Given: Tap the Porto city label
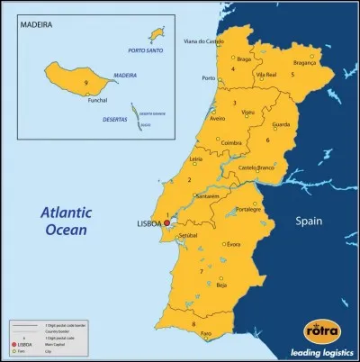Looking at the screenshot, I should click(209, 78).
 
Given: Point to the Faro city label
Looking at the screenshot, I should click(205, 333).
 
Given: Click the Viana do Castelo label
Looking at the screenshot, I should click(203, 41).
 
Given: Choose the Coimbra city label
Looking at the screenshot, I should click(232, 142).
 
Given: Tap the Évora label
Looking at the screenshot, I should click(233, 244).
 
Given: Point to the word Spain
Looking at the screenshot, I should click(316, 219).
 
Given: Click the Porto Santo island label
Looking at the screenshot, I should click(144, 51).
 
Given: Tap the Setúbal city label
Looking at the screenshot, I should click(188, 234).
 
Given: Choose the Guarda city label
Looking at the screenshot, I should click(280, 124).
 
